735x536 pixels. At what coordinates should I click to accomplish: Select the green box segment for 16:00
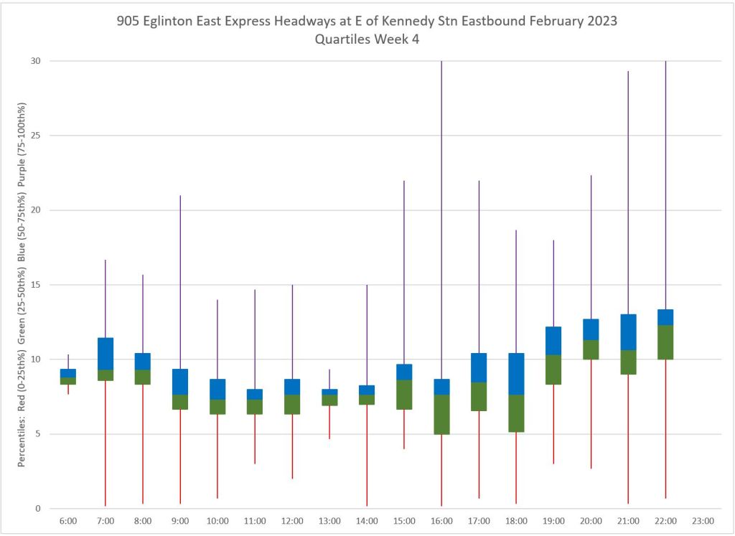click(441, 415)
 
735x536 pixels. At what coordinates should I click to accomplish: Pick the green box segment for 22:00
click(665, 342)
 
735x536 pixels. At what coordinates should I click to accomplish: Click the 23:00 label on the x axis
click(703, 521)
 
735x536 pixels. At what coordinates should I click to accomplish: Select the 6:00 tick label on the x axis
click(68, 521)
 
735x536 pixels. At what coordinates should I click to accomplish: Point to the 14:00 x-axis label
click(367, 521)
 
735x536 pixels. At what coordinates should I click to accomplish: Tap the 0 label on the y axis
click(37, 509)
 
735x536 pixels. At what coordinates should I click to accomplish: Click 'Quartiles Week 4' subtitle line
click(367, 40)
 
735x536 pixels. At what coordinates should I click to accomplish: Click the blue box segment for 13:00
click(329, 392)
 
